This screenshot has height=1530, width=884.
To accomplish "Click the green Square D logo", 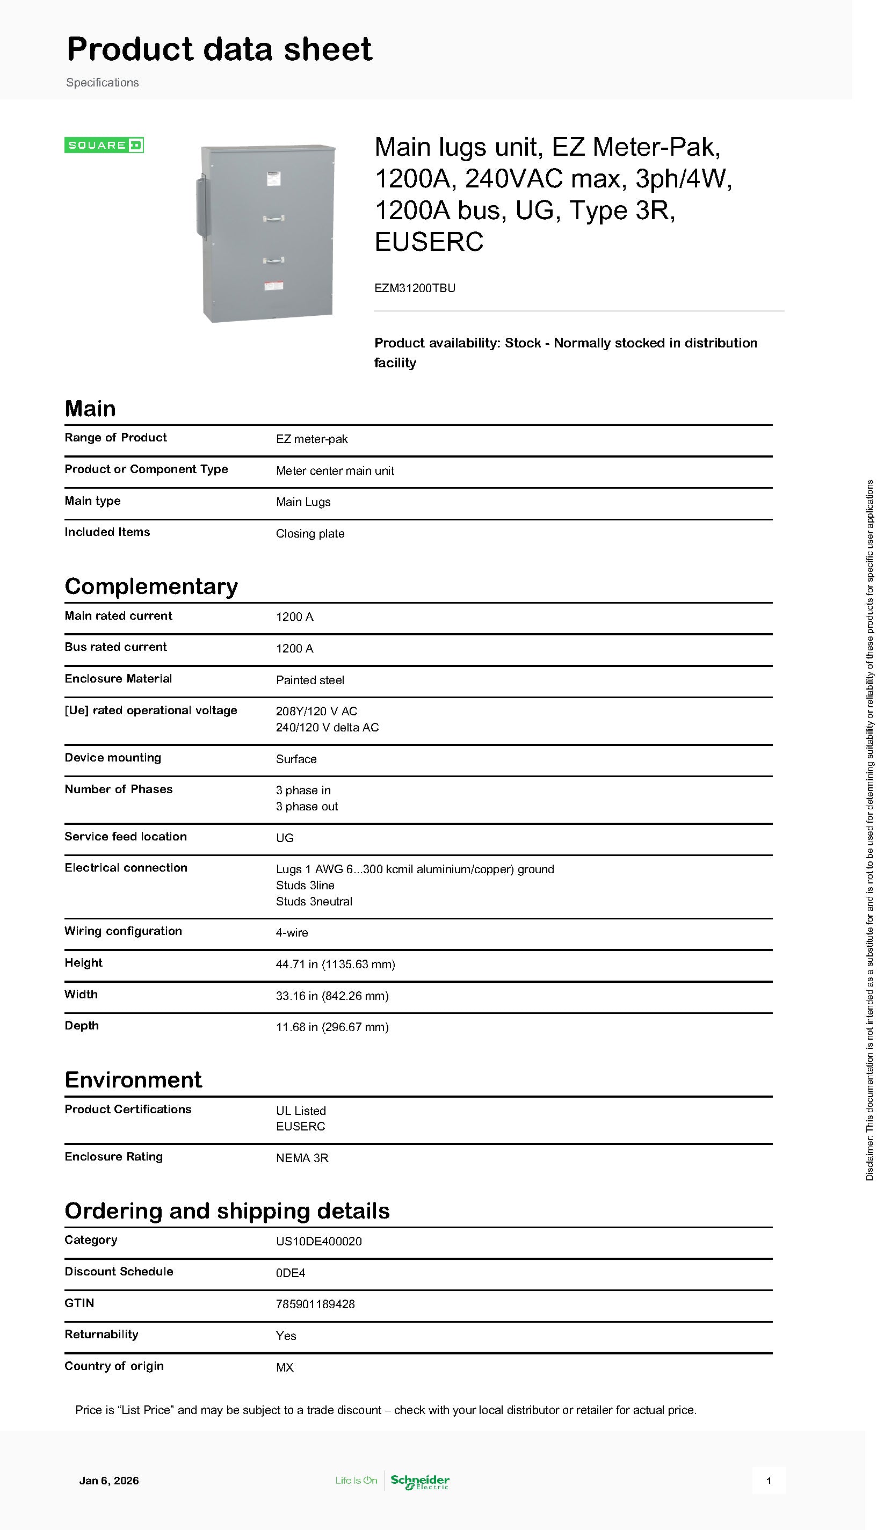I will click(104, 145).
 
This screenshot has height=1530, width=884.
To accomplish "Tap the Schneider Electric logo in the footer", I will click(419, 1481).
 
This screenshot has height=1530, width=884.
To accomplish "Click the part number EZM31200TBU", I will click(415, 288).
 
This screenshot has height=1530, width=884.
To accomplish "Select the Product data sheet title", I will click(219, 49).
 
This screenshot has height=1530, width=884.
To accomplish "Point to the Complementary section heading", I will click(151, 586).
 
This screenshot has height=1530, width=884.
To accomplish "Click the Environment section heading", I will click(133, 1079).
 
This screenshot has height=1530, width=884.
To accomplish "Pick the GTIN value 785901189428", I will click(315, 1303).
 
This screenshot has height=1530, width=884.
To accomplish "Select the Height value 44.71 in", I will click(335, 964).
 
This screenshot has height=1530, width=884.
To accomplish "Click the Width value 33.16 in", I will click(332, 995).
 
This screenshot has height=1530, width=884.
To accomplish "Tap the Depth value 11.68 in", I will click(332, 1027).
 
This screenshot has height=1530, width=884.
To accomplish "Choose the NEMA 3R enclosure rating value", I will click(302, 1157).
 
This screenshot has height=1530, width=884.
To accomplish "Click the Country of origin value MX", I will click(285, 1367).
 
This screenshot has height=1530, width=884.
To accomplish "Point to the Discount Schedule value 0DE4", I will click(290, 1272).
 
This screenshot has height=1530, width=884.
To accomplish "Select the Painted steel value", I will click(310, 680).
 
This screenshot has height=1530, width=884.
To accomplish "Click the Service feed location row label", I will click(126, 836).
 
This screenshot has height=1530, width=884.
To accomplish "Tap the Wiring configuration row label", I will click(123, 931).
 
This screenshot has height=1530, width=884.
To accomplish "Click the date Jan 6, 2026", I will click(108, 1480).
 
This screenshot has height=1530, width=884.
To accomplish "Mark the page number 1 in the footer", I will click(768, 1480).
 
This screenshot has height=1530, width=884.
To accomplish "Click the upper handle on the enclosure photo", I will click(274, 217).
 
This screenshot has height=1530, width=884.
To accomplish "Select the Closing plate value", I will click(310, 533).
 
